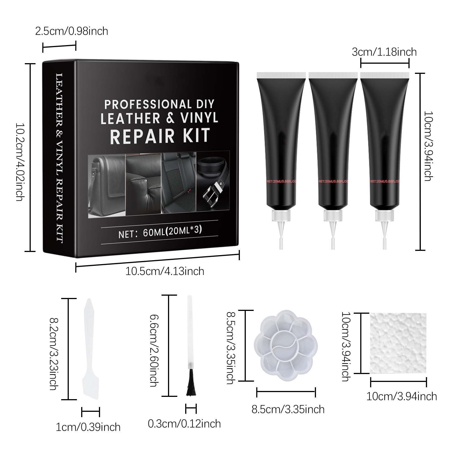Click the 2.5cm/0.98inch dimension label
(x=72, y=31)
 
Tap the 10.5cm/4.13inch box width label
(x=165, y=271)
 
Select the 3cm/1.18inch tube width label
(x=384, y=52)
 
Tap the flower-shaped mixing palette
(x=286, y=345)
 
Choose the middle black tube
(x=333, y=141)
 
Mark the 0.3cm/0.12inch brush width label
(x=184, y=424)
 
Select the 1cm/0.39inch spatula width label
(x=88, y=427)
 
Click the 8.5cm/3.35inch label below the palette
(x=288, y=409)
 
